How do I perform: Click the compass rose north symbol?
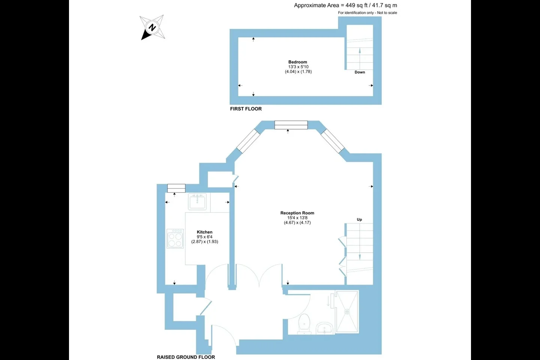point(152,27)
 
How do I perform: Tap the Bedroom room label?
point(298,62)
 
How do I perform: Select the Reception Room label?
point(297,213)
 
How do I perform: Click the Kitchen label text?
point(205,232)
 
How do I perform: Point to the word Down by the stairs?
point(360,72)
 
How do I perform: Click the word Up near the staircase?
point(359,219)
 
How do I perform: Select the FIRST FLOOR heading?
point(246,109)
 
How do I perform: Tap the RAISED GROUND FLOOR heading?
point(186,357)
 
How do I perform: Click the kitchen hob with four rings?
point(175,239)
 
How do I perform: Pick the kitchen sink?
point(197,202)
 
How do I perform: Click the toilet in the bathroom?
point(304,324)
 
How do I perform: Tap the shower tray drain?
point(347,312)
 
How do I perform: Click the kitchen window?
point(177,188)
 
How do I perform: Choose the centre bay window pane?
point(291,125)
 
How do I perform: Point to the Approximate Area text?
point(345,5)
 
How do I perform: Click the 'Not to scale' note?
point(387,13)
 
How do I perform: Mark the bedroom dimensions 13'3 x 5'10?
point(298,67)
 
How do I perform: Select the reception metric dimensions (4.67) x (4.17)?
point(297,222)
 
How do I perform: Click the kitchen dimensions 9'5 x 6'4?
point(205,237)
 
